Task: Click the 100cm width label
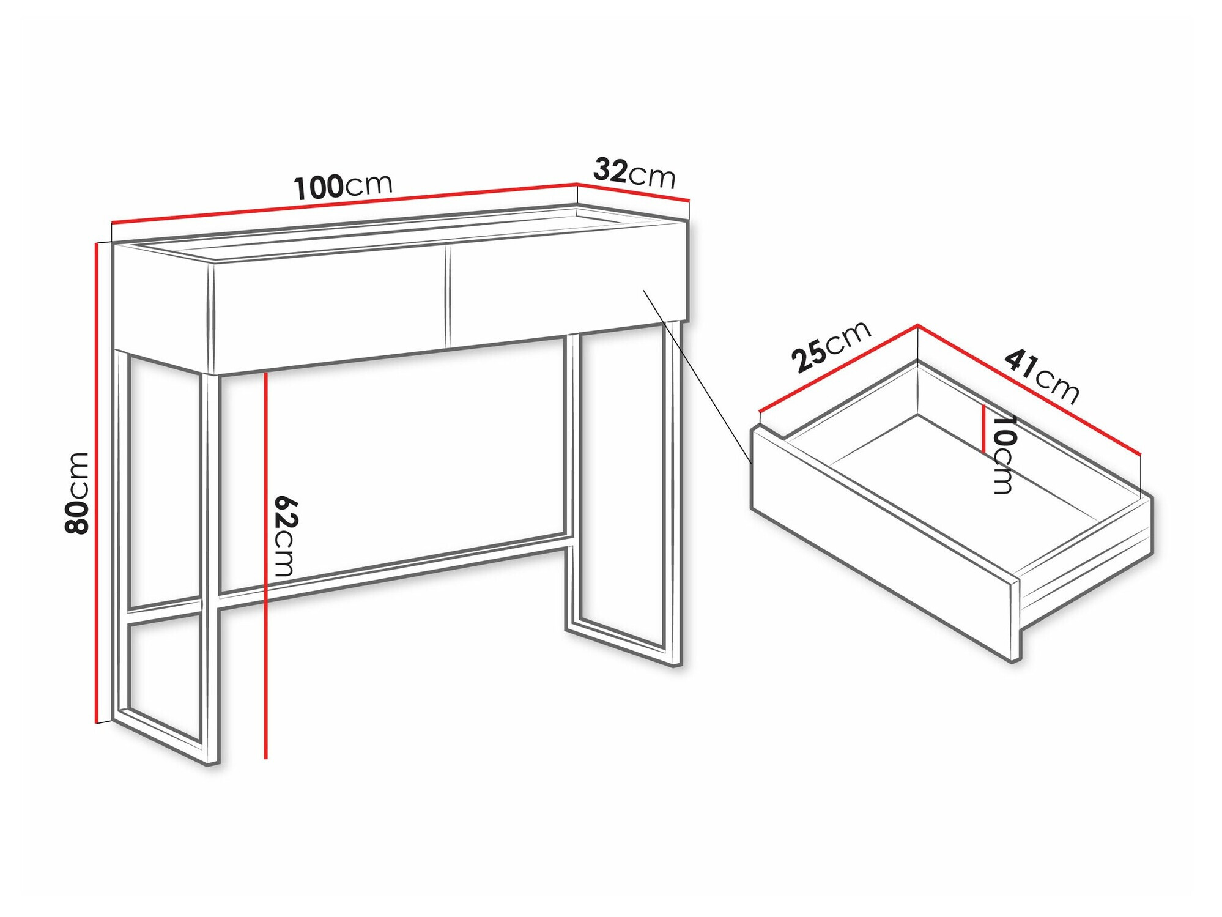pyautogui.click(x=343, y=187)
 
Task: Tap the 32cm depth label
pyautogui.click(x=634, y=173)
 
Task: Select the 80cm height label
pyautogui.click(x=78, y=492)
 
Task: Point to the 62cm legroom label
pyautogui.click(x=285, y=535)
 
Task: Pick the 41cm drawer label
pyautogui.click(x=1042, y=376)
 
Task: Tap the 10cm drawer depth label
pyautogui.click(x=1002, y=454)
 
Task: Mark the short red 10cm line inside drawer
pyautogui.click(x=983, y=428)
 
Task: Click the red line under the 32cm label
pyautogui.click(x=633, y=192)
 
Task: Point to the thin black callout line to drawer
pyautogui.click(x=697, y=376)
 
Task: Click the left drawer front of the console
pyautogui.click(x=330, y=312)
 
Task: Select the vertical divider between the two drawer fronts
pyautogui.click(x=447, y=297)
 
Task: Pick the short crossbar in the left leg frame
pyautogui.click(x=164, y=609)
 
